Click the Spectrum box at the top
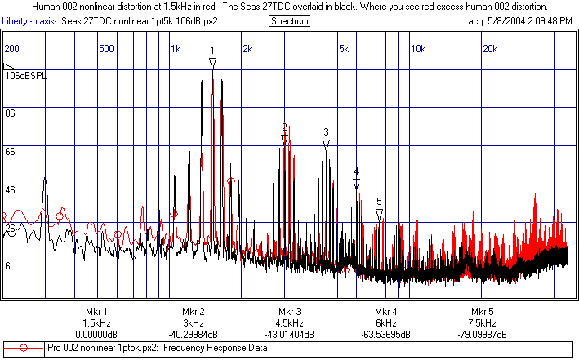pyautogui.click(x=289, y=20)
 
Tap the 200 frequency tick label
pyautogui.click(x=12, y=49)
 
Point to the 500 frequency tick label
pyautogui.click(x=105, y=49)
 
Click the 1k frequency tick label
pyautogui.click(x=176, y=49)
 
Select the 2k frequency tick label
pyautogui.click(x=247, y=49)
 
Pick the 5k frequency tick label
pyautogui.click(x=344, y=49)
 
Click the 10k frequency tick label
pyautogui.click(x=417, y=49)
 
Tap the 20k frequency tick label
pyautogui.click(x=490, y=49)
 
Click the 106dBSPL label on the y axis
pyautogui.click(x=27, y=76)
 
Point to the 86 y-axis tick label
pyautogui.click(x=11, y=114)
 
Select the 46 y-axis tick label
pyautogui.click(x=11, y=189)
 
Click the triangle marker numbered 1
pyautogui.click(x=212, y=63)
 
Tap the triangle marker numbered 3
pyautogui.click(x=326, y=144)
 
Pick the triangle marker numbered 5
pyautogui.click(x=379, y=213)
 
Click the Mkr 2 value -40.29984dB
pyautogui.click(x=194, y=335)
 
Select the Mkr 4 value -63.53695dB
pyautogui.click(x=386, y=335)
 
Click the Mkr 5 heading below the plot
pyautogui.click(x=483, y=312)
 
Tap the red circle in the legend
pyautogui.click(x=24, y=349)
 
